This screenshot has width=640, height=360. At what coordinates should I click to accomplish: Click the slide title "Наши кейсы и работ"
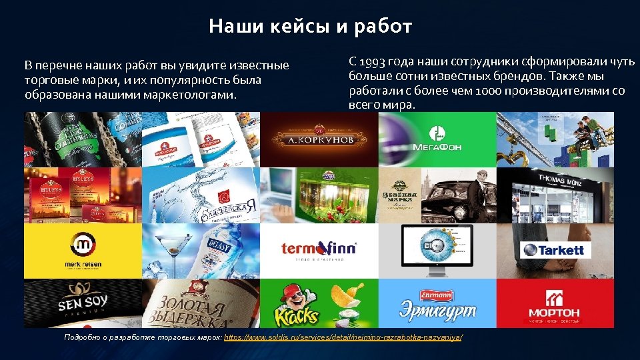310,27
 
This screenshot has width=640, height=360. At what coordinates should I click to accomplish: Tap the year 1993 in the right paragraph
373,62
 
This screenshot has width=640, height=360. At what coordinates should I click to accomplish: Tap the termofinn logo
319,250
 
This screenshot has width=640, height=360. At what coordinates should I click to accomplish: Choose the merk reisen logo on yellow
83,249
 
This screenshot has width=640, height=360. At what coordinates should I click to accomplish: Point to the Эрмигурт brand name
437,311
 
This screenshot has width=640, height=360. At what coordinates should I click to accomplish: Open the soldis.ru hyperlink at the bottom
343,337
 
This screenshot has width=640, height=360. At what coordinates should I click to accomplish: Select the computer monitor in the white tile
437,247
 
